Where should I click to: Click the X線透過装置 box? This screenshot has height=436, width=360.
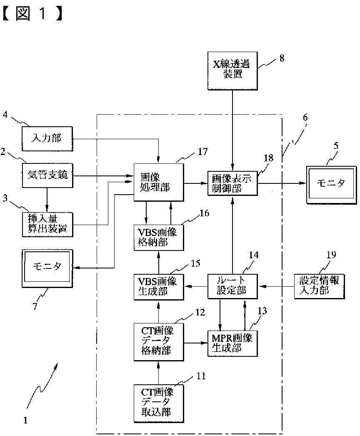(x=232, y=70)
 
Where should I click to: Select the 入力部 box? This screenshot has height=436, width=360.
(x=47, y=139)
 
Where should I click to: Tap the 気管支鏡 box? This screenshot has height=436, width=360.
(x=47, y=175)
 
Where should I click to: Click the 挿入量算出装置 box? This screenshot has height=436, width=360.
(x=47, y=224)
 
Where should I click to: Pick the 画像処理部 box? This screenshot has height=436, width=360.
(x=159, y=182)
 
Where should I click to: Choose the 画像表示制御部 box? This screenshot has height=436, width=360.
(x=232, y=183)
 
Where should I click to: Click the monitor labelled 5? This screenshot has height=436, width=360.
(x=331, y=185)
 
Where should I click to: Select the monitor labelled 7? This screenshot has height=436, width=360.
(x=47, y=268)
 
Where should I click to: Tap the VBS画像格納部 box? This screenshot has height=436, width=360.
(x=159, y=238)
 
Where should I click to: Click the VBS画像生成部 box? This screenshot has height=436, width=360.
(x=159, y=287)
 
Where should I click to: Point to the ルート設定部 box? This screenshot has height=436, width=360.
(x=232, y=287)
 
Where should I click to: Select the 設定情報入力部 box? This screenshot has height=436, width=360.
(x=320, y=287)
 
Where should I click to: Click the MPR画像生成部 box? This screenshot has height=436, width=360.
(x=232, y=343)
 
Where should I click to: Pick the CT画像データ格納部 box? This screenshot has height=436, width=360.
(x=159, y=342)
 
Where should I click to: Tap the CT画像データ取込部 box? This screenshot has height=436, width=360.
(x=159, y=404)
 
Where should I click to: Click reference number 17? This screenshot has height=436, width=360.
(x=202, y=151)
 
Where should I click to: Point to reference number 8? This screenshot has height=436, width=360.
(x=282, y=58)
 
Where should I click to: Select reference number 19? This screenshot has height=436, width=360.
(x=331, y=255)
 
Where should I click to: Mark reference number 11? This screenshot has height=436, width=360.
(x=201, y=376)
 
